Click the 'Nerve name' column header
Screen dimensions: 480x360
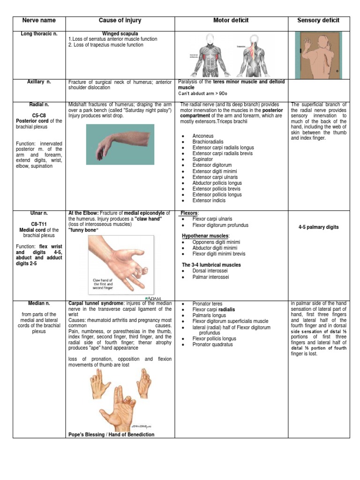click(39, 21)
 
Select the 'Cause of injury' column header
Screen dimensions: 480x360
click(120, 21)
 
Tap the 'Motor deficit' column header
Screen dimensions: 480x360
click(231, 21)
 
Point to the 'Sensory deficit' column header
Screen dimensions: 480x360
click(318, 21)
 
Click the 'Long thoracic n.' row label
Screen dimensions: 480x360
click(39, 34)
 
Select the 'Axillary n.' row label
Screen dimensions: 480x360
click(39, 82)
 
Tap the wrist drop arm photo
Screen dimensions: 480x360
click(120, 144)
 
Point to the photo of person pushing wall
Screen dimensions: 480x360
click(318, 55)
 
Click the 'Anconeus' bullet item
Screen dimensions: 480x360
click(203, 136)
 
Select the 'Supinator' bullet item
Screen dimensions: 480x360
click(202, 159)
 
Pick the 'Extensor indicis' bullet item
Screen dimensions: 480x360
click(209, 201)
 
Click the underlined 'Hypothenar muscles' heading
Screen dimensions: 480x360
click(205, 236)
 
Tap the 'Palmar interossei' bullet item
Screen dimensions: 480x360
click(211, 277)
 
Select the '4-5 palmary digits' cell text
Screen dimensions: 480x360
click(318, 227)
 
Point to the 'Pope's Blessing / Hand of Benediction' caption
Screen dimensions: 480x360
click(111, 435)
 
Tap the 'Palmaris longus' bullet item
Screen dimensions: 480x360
click(209, 315)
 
